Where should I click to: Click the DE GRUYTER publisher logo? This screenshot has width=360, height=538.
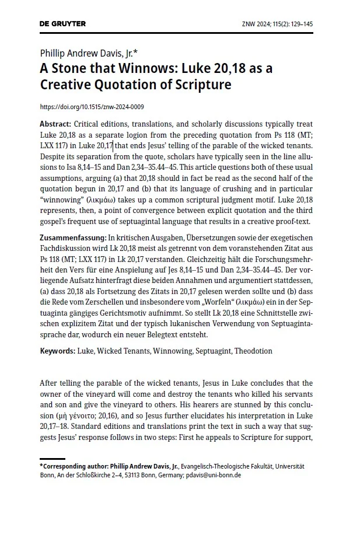[62, 24]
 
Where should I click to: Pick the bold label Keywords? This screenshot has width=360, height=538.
[57, 351]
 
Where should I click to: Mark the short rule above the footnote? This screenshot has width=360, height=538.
[52, 459]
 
